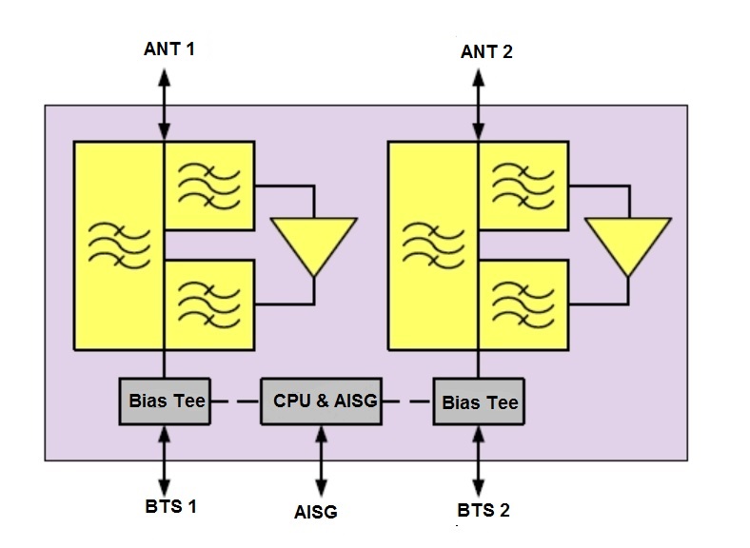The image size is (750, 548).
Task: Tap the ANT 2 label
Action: (x=486, y=51)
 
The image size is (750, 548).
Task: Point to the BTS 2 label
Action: (x=483, y=511)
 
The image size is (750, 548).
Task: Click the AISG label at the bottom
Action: (x=315, y=512)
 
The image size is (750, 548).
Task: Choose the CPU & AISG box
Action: (x=319, y=401)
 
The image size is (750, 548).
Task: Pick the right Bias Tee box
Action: (x=479, y=401)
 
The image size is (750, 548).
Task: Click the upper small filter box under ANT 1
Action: (x=209, y=185)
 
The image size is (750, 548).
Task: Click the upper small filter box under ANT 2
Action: (x=523, y=185)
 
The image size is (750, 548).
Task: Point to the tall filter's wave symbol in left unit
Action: (x=118, y=245)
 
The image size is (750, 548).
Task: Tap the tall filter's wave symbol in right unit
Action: (x=433, y=245)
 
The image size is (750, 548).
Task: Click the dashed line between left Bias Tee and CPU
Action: (x=234, y=401)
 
